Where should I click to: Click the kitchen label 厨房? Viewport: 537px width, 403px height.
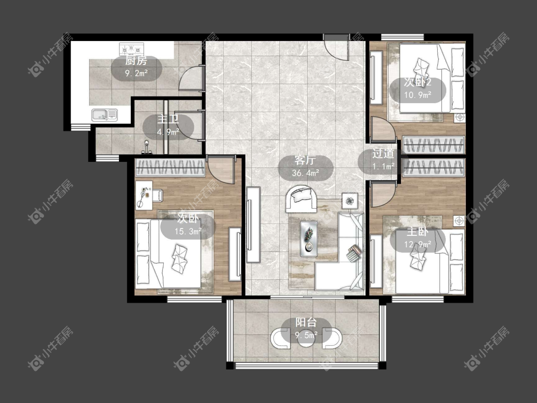pos(136,61)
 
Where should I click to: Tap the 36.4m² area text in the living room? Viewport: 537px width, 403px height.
pos(305,173)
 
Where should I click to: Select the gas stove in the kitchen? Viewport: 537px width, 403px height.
pos(132,49)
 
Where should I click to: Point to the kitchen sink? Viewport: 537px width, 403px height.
pos(105,115)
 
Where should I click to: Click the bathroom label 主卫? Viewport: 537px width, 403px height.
pos(168,119)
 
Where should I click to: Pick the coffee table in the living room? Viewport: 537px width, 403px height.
pos(309,239)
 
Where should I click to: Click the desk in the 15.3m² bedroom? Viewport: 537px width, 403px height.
pos(144,195)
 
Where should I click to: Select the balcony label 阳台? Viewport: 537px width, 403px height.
pos(306,322)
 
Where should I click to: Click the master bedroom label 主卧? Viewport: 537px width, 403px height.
pos(418,232)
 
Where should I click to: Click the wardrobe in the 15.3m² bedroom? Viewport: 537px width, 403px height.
pos(170,168)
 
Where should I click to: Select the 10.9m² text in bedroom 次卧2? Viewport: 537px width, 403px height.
pos(418,95)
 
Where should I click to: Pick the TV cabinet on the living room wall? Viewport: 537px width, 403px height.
pos(253,224)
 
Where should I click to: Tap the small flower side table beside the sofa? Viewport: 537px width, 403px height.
pos(350,201)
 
